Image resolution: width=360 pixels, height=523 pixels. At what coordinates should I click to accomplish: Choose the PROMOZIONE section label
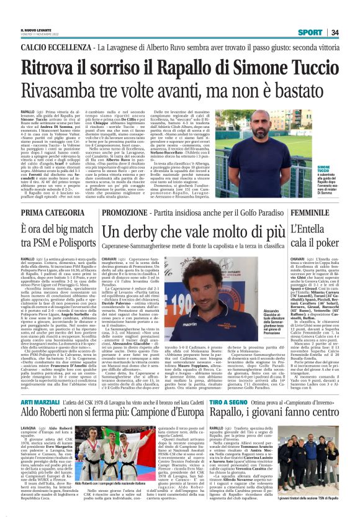tap(131, 212)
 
